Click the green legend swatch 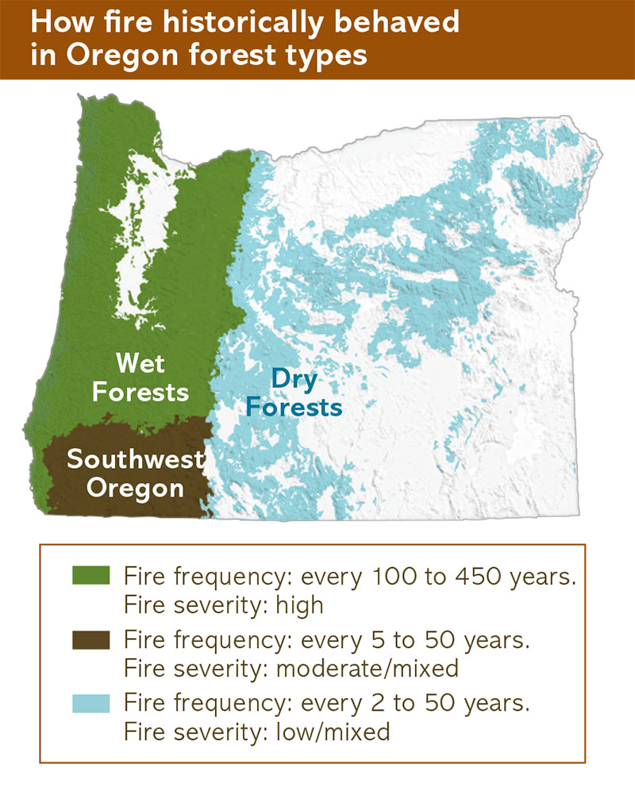point(90,575)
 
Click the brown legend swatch point(90,640)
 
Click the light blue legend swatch point(90,704)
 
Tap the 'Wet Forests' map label point(140,378)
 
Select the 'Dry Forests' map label point(294,393)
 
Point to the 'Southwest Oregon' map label point(136,474)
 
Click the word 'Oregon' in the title point(124,56)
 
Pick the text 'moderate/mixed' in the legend point(368,669)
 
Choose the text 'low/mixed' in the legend point(333,732)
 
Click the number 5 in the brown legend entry point(379,641)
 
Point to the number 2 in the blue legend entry point(379,704)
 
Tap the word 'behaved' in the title point(397,21)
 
